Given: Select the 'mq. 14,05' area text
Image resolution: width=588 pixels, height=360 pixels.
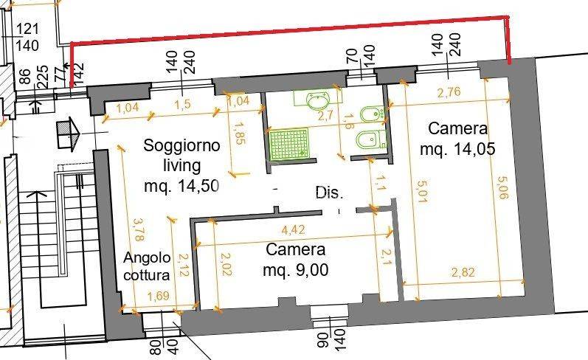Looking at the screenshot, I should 457,149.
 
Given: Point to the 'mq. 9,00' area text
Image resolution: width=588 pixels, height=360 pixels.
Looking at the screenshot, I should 295,270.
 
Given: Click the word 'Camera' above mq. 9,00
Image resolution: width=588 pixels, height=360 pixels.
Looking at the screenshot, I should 295,249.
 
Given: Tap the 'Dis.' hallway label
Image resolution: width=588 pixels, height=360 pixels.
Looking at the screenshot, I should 329,194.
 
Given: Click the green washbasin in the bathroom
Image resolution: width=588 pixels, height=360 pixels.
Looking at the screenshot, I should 319,99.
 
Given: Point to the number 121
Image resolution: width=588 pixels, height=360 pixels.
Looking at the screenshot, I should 27,30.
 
